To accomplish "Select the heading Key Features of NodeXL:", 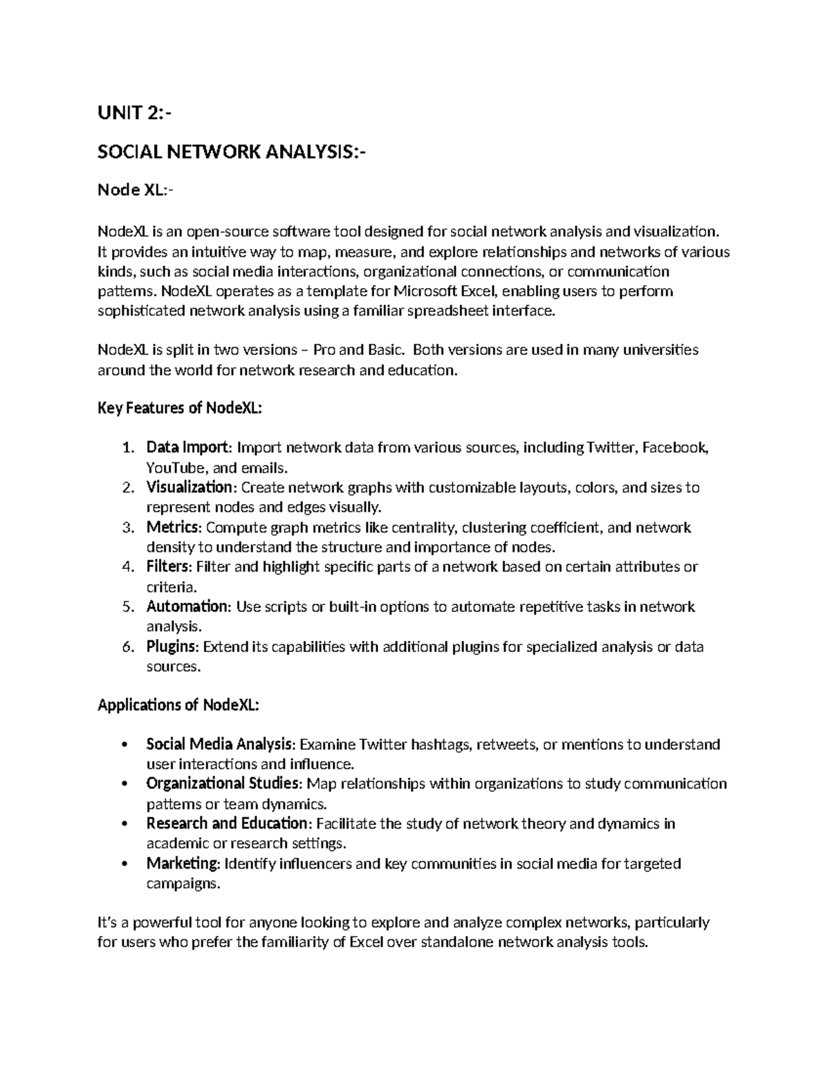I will tap(180, 408).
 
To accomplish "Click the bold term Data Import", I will tap(187, 448).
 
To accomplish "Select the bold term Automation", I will tap(187, 607).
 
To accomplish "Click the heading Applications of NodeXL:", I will tap(178, 705).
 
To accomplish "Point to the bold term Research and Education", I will tap(227, 824).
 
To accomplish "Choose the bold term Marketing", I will tap(183, 864).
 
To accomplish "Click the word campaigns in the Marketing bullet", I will tap(183, 884).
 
